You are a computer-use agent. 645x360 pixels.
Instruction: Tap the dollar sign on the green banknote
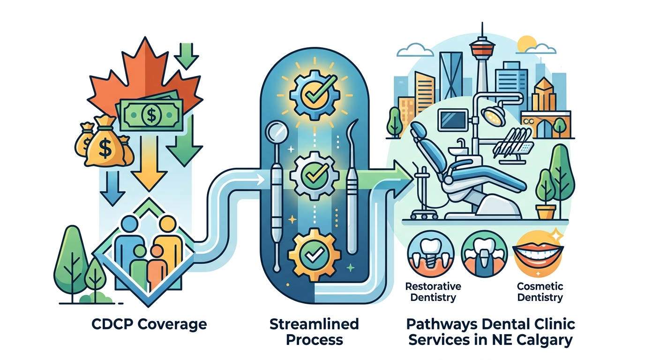point(151,115)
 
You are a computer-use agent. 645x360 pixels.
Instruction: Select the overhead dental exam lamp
point(494,116)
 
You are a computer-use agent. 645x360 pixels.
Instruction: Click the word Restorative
point(433,286)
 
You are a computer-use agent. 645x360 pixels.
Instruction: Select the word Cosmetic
point(540,286)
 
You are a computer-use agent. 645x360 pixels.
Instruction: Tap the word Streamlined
point(315,324)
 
